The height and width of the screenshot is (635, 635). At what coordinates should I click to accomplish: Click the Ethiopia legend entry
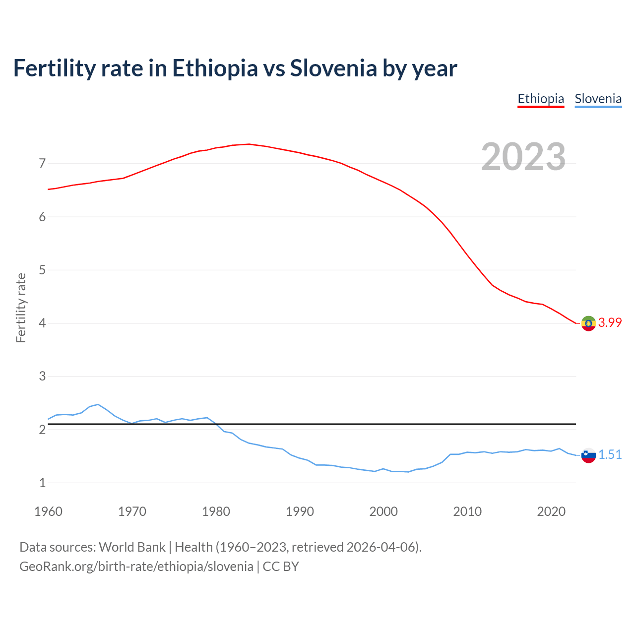(541, 99)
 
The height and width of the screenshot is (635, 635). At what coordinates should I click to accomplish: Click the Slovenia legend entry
(598, 99)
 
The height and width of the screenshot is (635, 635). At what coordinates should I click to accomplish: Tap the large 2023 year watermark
(523, 157)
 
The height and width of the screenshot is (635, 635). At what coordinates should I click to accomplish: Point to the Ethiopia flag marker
(588, 323)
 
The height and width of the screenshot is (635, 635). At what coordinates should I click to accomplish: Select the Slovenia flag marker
(588, 455)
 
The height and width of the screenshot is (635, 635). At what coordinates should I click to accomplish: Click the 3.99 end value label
(610, 323)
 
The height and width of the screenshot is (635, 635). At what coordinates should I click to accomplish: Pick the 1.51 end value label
(610, 455)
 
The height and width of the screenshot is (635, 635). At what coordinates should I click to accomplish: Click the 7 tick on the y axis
(42, 164)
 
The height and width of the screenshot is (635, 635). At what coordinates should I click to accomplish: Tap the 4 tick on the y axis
(42, 323)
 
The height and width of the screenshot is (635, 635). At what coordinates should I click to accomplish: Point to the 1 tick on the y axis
(42, 483)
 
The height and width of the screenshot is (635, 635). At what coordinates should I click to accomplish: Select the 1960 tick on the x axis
(48, 511)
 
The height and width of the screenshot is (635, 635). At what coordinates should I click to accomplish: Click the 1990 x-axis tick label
(300, 511)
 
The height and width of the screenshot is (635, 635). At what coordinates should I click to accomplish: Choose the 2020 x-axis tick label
(551, 511)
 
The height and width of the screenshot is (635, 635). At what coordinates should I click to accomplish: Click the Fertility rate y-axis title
(21, 308)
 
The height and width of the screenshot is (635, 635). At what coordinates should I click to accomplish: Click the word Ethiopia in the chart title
(215, 68)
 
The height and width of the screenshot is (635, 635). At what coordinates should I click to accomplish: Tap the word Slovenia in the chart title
(333, 68)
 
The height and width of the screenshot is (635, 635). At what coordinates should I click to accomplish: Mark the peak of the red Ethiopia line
(249, 144)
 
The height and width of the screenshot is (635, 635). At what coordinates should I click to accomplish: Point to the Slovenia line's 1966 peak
(98, 404)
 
